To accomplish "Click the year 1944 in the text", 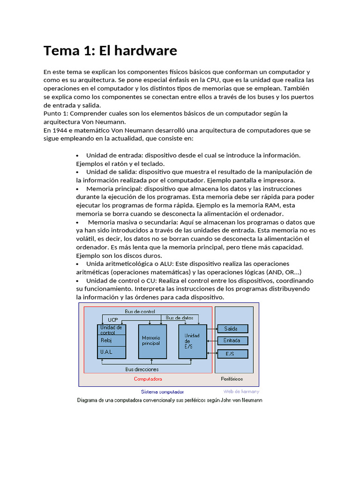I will point(61,130).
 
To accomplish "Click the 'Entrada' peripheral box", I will point(232,341).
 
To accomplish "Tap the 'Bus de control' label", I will point(140,311).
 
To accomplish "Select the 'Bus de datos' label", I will point(180,318).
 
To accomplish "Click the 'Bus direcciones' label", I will point(142,369).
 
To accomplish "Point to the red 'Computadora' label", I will point(148,379).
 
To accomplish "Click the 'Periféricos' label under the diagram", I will point(232,379).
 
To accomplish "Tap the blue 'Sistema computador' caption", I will point(162,391).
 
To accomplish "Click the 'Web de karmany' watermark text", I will point(241,391).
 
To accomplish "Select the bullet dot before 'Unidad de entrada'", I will point(77,156).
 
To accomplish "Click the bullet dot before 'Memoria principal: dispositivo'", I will point(77,189).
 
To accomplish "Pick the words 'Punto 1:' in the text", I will point(55,114).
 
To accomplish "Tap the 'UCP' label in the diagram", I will point(113,320).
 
